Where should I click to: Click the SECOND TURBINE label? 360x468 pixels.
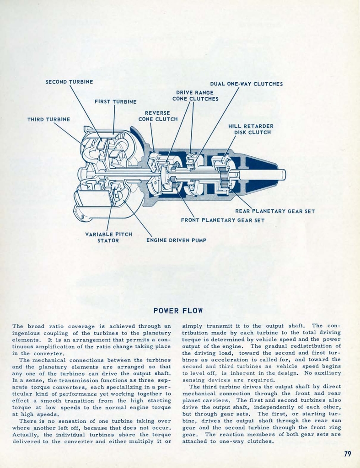69,82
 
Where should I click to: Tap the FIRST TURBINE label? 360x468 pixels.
115,101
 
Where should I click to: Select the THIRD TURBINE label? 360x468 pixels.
48,119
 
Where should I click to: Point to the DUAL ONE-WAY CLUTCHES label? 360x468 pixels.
246,84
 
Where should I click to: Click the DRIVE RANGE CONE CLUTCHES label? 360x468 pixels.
195,96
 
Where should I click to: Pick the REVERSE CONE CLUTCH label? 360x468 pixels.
158,116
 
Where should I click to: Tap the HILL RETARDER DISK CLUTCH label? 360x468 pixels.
251,129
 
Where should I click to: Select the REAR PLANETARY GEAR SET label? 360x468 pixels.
274,211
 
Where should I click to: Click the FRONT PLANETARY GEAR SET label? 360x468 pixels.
222,220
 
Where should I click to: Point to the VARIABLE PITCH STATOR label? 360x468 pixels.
108,237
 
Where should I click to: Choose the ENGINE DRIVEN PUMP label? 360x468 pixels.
176,240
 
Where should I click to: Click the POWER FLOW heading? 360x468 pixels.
178,311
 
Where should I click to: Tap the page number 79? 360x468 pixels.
347,454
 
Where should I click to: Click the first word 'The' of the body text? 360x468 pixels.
17,326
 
